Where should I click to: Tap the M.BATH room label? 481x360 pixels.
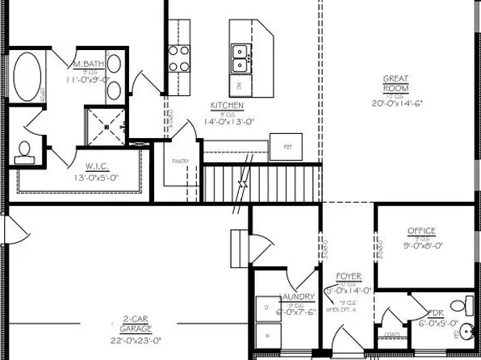pyautogui.click(x=86, y=64)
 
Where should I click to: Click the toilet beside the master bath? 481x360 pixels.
pyautogui.click(x=24, y=151)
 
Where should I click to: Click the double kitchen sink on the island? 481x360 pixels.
pyautogui.click(x=240, y=57)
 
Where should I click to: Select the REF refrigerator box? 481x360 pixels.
pyautogui.click(x=287, y=147)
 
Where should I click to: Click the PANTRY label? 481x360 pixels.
pyautogui.click(x=181, y=161)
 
